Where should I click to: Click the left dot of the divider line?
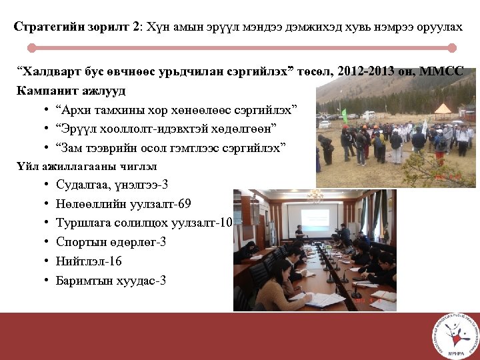[31, 48]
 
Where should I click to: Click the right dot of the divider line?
[452, 48]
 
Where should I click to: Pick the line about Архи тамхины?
[177, 109]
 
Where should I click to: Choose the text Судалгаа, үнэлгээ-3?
[112, 184]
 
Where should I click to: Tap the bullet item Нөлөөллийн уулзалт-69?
[123, 203]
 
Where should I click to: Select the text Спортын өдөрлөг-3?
[111, 242]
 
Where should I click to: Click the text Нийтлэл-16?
[89, 261]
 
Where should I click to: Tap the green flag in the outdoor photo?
[344, 115]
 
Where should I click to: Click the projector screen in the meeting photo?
[314, 218]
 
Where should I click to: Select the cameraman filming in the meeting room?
[343, 233]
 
